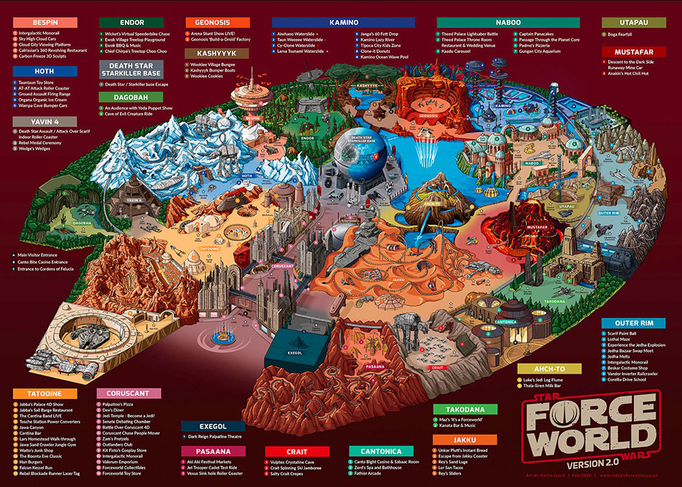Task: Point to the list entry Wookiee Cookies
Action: pyautogui.click(x=210, y=75)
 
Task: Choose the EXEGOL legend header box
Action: pyautogui.click(x=212, y=426)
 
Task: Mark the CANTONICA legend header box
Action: pyautogui.click(x=380, y=450)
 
